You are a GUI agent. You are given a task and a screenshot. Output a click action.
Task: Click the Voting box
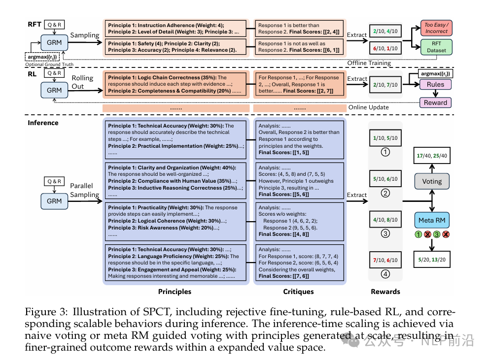432,181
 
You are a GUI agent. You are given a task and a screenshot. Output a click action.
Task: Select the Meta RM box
432,219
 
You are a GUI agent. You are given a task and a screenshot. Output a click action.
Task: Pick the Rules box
435,85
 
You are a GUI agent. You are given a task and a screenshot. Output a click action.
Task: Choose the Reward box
435,103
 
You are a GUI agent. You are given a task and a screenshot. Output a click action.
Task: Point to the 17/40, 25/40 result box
432,156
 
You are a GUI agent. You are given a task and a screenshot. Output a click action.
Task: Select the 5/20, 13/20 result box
432,260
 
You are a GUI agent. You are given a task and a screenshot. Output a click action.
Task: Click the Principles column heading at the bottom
175,292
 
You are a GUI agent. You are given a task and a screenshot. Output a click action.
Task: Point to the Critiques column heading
298,292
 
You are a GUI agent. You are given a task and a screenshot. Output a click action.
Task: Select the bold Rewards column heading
385,292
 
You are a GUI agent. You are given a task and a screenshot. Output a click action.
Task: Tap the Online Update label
369,107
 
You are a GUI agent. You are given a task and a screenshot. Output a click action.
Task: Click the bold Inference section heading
42,123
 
